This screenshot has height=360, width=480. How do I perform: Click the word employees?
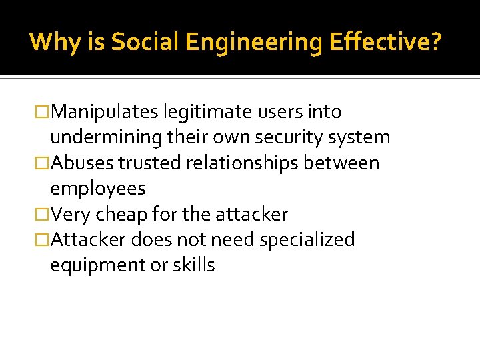[98, 189]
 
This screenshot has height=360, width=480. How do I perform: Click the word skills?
[193, 265]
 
